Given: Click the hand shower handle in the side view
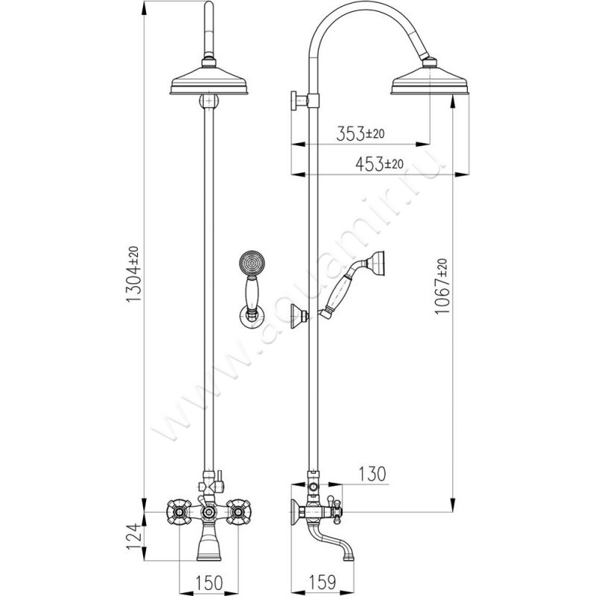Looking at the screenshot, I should tap(343, 290).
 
